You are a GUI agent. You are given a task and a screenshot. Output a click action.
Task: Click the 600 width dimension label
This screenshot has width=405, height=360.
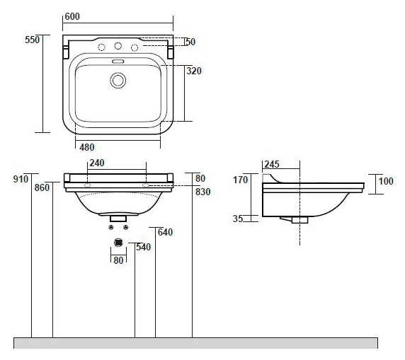click(72, 16)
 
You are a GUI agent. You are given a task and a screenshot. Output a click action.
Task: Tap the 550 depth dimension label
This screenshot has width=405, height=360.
click(33, 40)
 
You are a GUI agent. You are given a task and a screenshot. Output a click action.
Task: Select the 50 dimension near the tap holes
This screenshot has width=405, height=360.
click(190, 42)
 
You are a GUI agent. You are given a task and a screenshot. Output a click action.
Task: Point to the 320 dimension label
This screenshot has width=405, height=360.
click(194, 71)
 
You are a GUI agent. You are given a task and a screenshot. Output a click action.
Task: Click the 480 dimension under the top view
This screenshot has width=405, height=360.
click(87, 147)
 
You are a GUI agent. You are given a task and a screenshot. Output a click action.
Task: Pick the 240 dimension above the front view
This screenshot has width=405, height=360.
click(97, 163)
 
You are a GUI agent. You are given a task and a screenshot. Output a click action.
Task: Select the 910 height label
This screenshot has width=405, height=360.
click(21, 179)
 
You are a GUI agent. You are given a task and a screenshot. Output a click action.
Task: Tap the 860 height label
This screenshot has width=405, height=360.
click(42, 187)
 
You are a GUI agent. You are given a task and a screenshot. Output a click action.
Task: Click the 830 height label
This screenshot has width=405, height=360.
click(203, 192)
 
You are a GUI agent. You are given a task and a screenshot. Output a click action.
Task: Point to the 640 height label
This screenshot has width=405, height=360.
click(165, 232)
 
